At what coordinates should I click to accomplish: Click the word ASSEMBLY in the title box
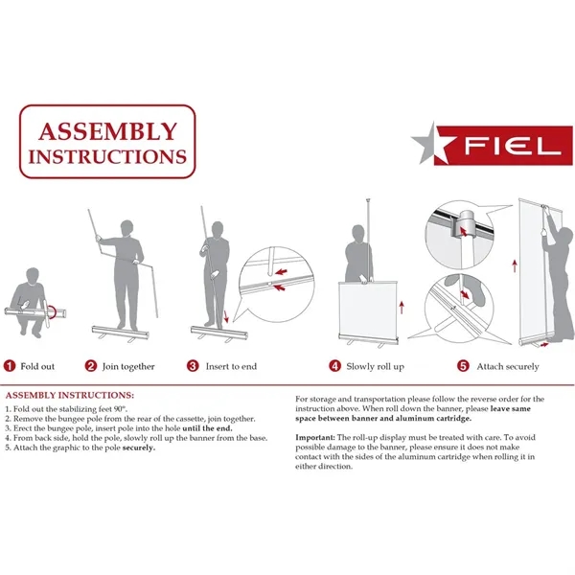(x=107, y=131)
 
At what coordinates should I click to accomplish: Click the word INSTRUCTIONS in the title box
(x=107, y=154)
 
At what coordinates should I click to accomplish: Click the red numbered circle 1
(x=9, y=366)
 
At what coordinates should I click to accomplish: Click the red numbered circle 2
(x=91, y=366)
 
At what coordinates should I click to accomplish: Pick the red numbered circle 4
(x=334, y=366)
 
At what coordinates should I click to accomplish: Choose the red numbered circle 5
(x=463, y=366)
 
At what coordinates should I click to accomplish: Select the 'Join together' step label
(x=128, y=366)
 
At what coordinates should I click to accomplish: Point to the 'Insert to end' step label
(x=231, y=366)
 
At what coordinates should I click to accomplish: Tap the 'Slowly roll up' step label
(x=375, y=366)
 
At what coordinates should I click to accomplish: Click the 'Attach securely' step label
(x=508, y=366)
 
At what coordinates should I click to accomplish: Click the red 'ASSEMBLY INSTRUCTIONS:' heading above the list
(x=70, y=395)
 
